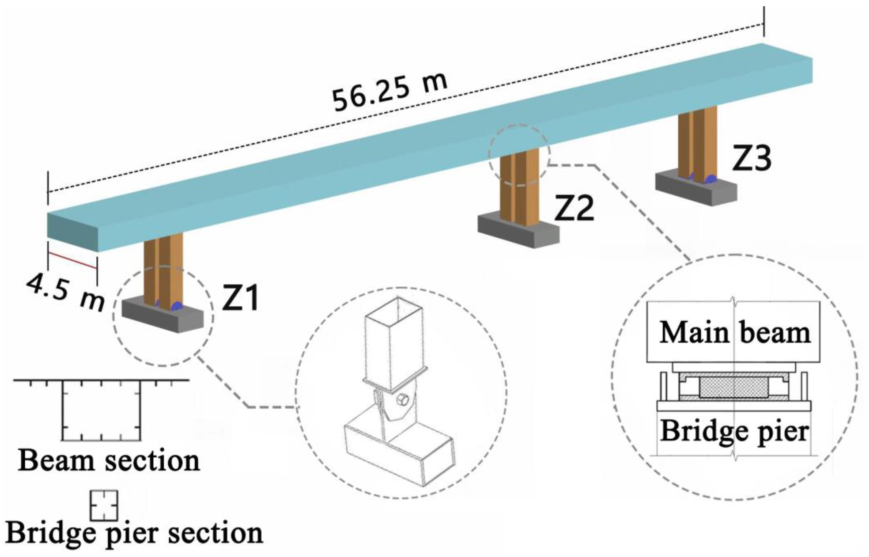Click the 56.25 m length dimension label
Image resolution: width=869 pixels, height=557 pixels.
click(390, 91)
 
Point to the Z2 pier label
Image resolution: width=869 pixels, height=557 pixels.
click(574, 209)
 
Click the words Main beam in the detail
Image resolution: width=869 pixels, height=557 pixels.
click(734, 333)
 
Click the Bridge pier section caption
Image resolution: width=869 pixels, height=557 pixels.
click(135, 533)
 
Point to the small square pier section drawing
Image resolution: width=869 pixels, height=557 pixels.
click(104, 505)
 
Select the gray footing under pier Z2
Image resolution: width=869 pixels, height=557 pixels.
click(518, 231)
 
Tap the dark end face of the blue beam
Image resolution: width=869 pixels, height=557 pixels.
click(72, 232)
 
